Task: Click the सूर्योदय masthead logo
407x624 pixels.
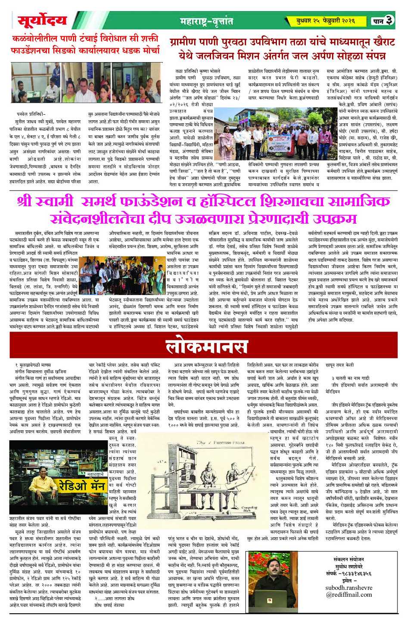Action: coord(42,20)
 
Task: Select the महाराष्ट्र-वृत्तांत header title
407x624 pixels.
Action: coord(206,21)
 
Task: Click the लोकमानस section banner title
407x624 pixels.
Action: coord(206,347)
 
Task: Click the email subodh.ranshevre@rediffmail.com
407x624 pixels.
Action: coord(349,591)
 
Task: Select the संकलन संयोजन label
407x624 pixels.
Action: coord(349,559)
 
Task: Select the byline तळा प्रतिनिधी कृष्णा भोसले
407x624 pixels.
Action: coord(198,70)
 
